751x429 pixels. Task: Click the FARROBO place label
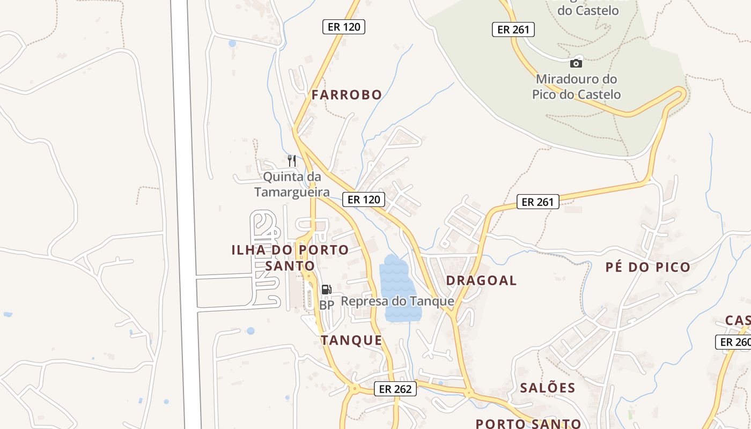coord(347,95)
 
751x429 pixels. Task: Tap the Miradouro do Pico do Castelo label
coord(576,87)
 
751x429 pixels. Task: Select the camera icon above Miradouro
coord(576,63)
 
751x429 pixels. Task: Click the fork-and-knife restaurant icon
coord(292,160)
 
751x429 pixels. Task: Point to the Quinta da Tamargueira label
coord(292,184)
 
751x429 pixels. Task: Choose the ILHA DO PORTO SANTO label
coord(290,257)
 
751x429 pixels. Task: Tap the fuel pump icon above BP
coord(326,290)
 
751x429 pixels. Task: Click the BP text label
coord(326,305)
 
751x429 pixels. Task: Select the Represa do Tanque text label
coord(397,301)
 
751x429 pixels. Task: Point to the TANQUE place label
coord(351,340)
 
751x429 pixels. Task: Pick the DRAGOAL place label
coord(481,280)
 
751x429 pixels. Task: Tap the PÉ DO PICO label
coord(647,267)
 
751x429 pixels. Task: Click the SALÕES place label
coord(547,388)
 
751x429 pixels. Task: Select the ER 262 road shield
coord(395,389)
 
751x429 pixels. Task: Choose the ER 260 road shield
coord(734,342)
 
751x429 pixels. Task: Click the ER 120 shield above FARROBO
coord(343,27)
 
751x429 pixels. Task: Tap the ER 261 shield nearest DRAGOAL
coord(538,202)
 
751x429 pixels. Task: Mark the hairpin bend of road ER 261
coord(681,94)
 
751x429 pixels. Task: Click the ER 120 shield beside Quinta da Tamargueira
coord(364,199)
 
